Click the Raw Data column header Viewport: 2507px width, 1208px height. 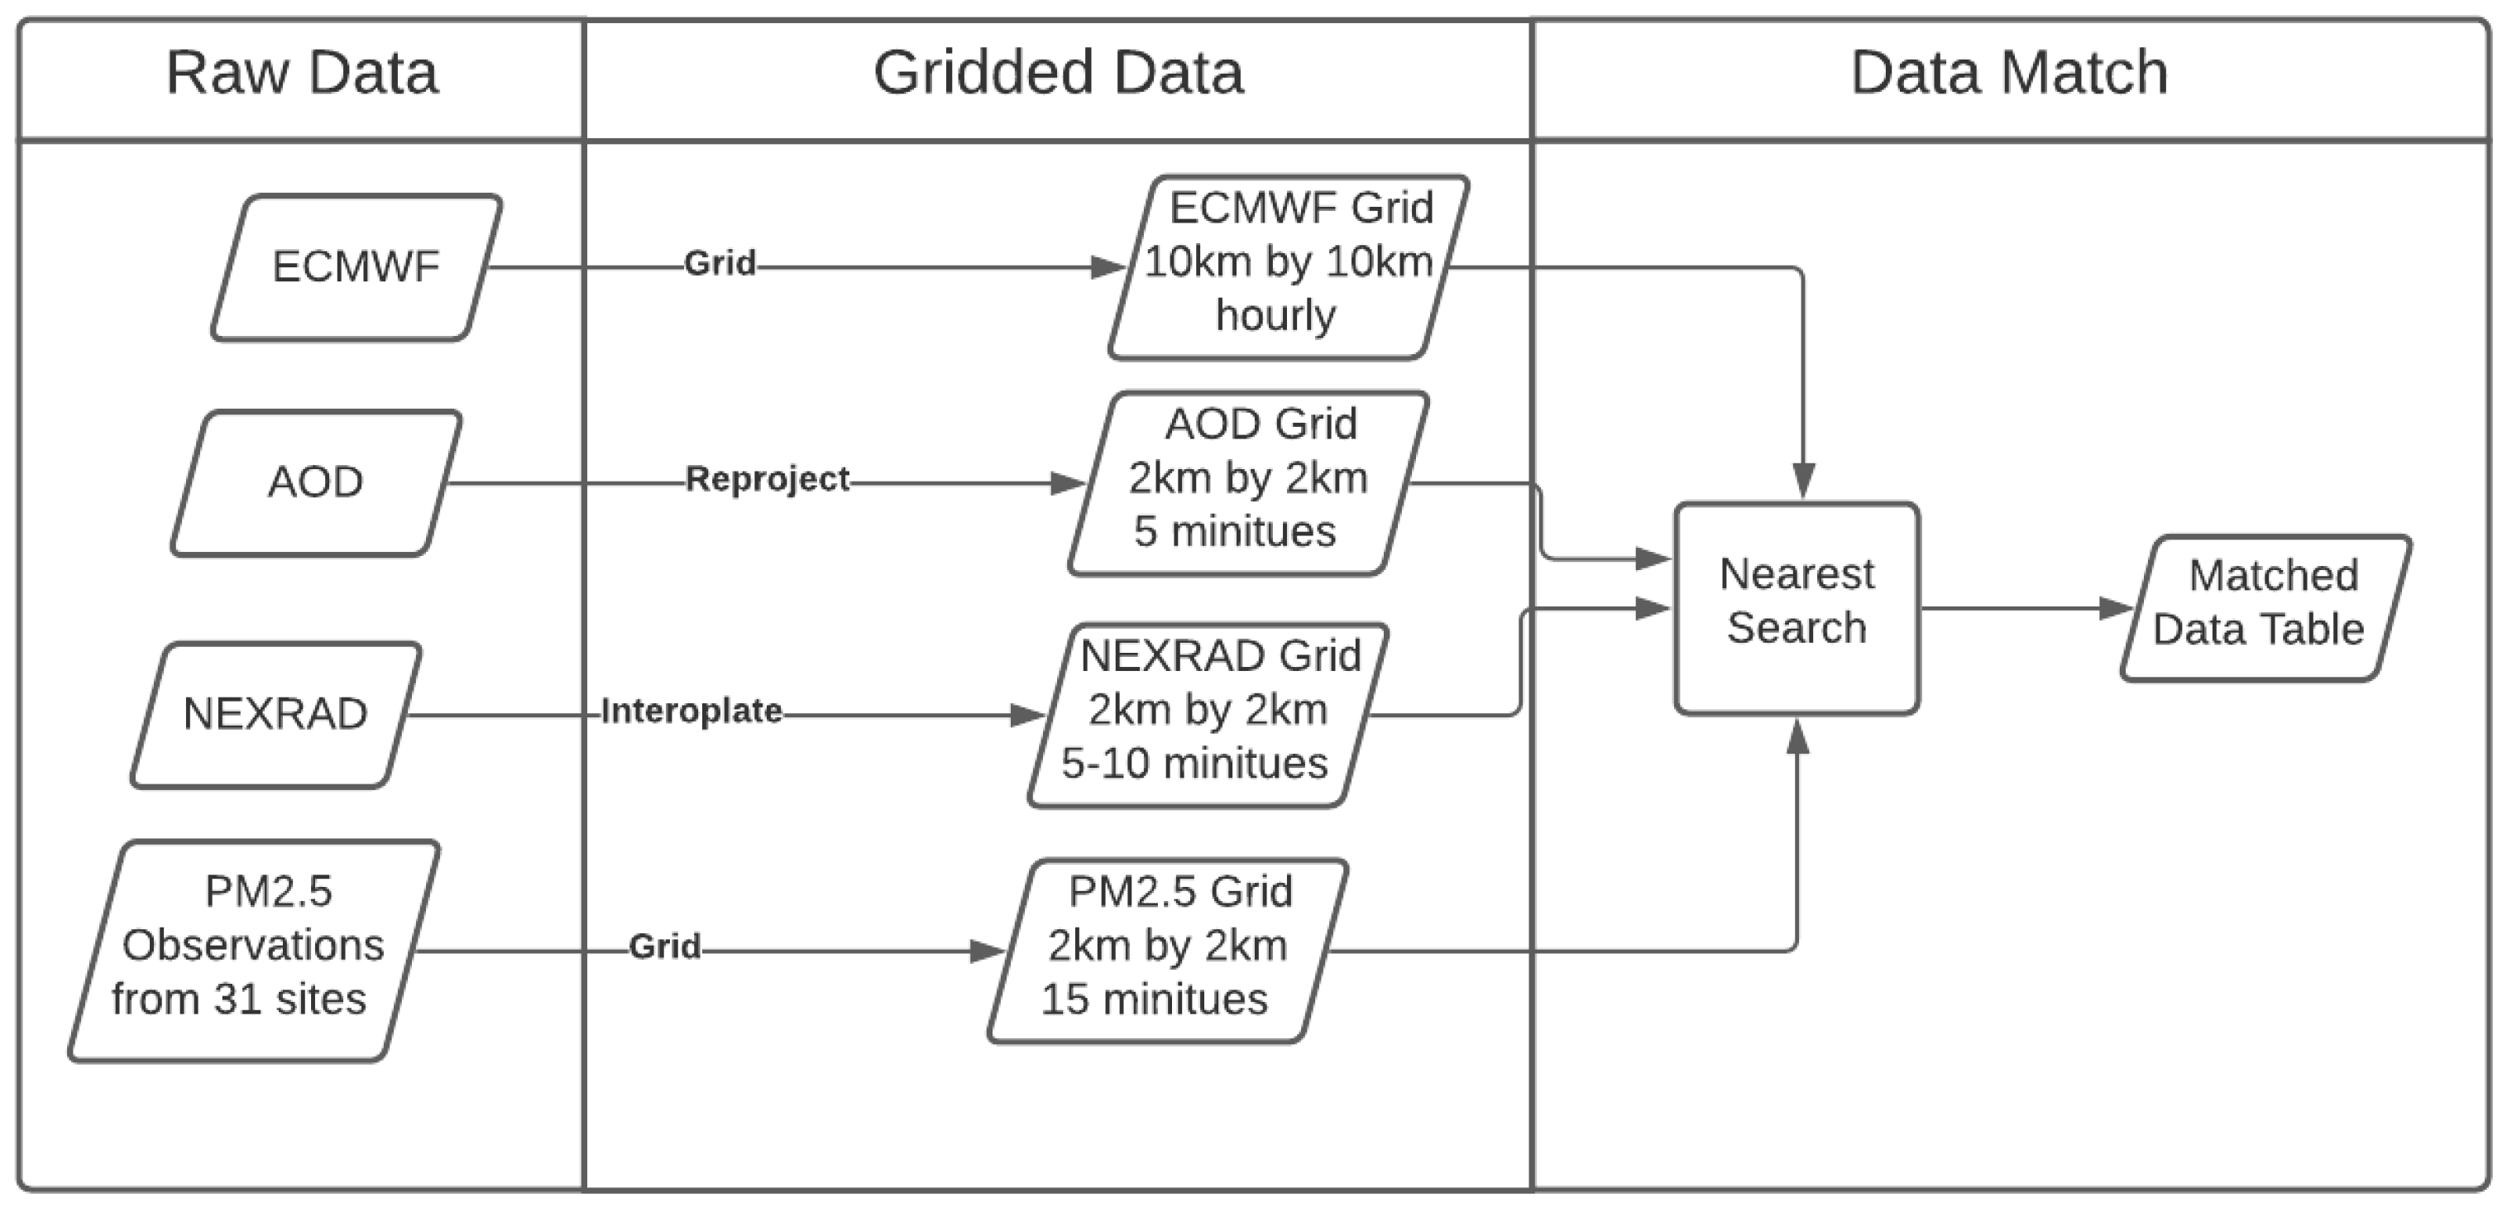tap(302, 73)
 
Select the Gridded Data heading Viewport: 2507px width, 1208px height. tap(1058, 73)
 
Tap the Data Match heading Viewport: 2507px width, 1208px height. tap(2009, 73)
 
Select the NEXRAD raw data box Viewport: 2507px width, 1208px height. tap(276, 715)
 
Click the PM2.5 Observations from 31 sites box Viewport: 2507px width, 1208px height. tap(253, 949)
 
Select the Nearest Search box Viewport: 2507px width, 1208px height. tap(1797, 607)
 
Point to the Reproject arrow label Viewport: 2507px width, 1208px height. tap(767, 479)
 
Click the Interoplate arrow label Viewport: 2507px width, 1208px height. tap(691, 712)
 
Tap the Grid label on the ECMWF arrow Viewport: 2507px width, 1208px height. tap(720, 263)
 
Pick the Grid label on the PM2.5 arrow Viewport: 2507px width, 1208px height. tap(665, 947)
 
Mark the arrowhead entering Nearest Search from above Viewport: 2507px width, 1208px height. tap(1803, 481)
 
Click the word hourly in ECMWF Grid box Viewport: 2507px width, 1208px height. tap(1276, 316)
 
